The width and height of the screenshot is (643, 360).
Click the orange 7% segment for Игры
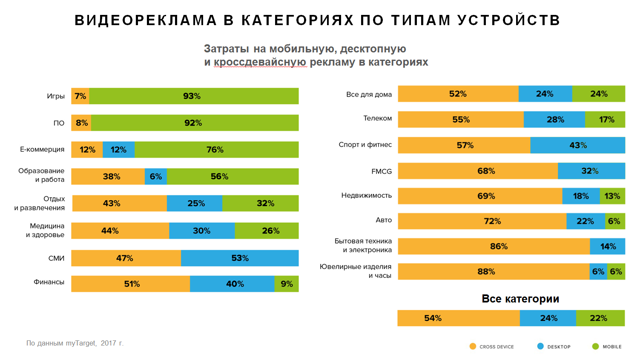(x=80, y=96)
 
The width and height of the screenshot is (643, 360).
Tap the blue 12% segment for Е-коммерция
(x=118, y=150)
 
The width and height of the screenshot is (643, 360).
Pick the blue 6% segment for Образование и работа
(x=156, y=176)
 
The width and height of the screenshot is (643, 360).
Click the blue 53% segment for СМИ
(x=240, y=258)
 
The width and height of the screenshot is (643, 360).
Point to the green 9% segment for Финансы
(x=287, y=284)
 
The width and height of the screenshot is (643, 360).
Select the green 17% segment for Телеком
(x=605, y=120)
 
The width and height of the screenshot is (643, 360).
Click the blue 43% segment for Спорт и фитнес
(x=578, y=145)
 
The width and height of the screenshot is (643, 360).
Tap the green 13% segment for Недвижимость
(x=612, y=196)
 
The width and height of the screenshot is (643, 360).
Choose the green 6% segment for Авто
(x=615, y=221)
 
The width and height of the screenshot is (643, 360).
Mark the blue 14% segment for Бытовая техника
(x=608, y=246)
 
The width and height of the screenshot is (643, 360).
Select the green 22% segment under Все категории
(x=600, y=318)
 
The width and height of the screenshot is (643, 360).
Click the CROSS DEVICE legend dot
(x=473, y=346)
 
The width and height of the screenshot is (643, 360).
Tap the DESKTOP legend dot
(x=540, y=346)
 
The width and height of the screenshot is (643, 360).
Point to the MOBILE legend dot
(x=595, y=346)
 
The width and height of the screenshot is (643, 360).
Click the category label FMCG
(x=382, y=171)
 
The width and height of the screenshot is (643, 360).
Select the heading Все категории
(x=520, y=299)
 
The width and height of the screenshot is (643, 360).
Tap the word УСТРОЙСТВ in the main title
(x=509, y=20)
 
